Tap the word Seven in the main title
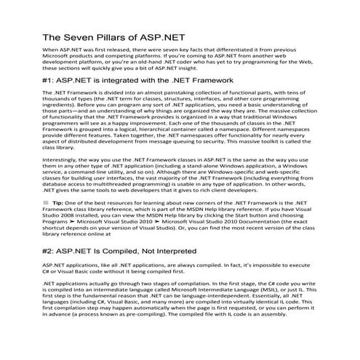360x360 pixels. pos(76,37)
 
